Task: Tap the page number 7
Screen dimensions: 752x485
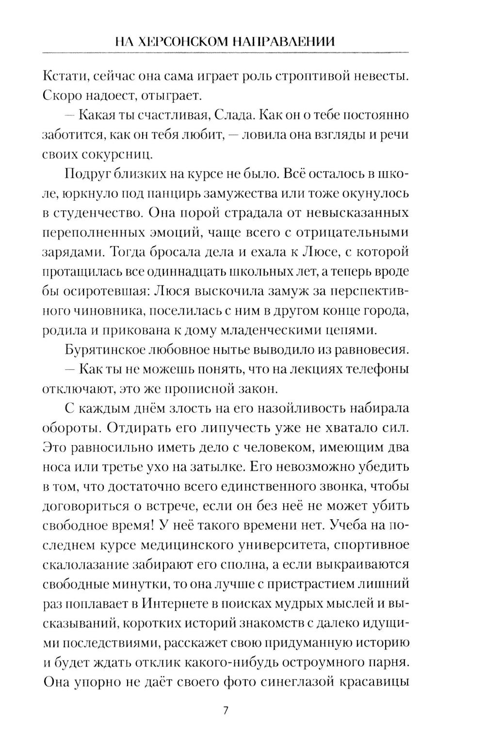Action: click(x=225, y=711)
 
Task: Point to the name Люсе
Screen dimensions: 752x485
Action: click(x=323, y=252)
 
